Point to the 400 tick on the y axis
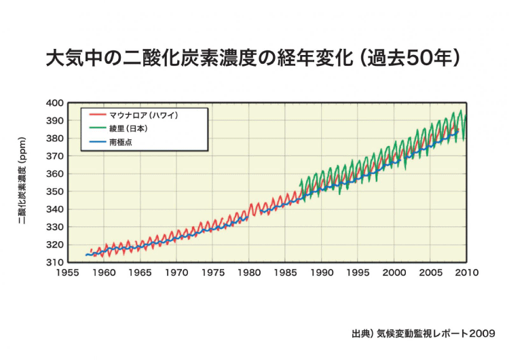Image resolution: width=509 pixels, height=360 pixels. pos(55,103)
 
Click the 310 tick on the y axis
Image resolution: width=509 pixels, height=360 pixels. pos(55,262)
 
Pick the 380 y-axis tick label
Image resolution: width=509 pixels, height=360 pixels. pos(55,139)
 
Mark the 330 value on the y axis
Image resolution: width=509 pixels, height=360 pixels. pos(55,227)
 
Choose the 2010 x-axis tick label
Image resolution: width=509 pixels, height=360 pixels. pos(468,273)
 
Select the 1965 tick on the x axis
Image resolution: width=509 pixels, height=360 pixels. pos(140,273)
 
